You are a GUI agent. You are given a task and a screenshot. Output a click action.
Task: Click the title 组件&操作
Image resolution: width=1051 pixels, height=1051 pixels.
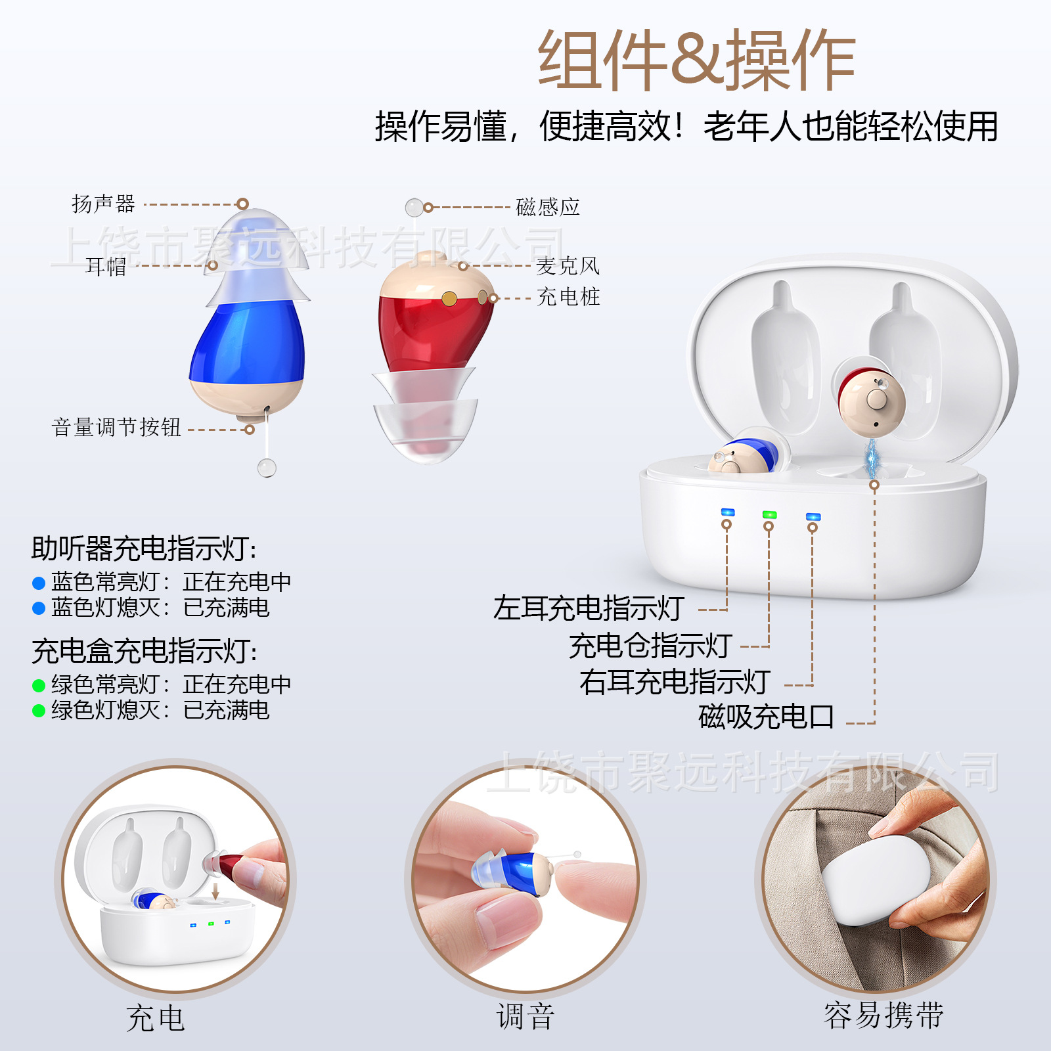coord(696,60)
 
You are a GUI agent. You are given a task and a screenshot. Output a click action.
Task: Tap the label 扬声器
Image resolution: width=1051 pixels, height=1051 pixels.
coord(103,204)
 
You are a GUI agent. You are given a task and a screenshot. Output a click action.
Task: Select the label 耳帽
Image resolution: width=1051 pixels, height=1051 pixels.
coord(106,266)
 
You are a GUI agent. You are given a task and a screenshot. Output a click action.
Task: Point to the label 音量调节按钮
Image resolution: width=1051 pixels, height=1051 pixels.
coord(116,428)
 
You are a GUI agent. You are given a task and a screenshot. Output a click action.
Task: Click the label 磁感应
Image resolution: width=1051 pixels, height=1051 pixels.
coord(548,207)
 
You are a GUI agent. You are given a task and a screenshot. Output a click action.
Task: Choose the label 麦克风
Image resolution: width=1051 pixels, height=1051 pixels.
coord(568,266)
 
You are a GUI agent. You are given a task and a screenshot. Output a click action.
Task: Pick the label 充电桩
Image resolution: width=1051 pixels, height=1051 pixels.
coord(568,297)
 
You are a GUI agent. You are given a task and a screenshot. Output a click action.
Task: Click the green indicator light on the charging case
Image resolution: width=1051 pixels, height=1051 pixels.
coord(769,515)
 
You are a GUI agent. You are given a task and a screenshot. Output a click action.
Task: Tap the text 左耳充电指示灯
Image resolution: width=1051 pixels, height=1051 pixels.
coord(589,608)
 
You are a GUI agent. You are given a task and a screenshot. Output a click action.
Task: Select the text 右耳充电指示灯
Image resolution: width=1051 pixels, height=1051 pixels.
coord(675,682)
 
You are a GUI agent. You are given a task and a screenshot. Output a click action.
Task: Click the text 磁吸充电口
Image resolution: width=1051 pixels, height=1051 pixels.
coord(766,717)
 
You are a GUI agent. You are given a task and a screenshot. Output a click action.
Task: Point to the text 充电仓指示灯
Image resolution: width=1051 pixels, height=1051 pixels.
coord(650,646)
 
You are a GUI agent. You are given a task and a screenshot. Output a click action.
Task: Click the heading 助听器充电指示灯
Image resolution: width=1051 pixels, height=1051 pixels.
coord(144,548)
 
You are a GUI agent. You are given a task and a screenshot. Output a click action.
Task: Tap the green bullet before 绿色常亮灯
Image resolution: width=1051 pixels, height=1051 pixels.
coord(39,686)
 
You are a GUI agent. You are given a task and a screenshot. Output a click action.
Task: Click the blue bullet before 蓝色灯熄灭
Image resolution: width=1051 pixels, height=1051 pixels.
coord(39,608)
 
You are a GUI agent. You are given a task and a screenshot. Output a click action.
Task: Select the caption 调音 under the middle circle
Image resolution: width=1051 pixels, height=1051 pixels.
coord(525,1017)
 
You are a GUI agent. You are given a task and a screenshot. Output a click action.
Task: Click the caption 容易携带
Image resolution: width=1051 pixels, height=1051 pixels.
coord(883,1016)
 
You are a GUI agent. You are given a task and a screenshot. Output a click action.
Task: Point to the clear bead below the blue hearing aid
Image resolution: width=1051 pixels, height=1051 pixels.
coord(267,468)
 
